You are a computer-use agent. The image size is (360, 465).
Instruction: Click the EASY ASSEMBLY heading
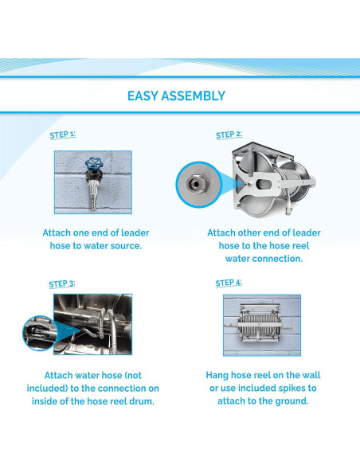coord(177,96)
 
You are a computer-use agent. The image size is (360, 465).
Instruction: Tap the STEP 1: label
coord(63,135)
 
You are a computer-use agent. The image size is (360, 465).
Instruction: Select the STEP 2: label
coord(229,135)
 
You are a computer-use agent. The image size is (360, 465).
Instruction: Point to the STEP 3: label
coord(62,283)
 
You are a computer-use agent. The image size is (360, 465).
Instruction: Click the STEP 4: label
coord(229,283)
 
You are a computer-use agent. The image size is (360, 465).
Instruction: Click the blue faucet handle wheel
coord(94,163)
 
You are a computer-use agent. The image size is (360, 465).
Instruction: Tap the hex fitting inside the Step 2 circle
coord(196,185)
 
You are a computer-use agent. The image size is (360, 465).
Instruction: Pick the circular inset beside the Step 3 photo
coord(40,333)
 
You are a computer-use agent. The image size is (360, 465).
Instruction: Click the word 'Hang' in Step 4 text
coord(217,375)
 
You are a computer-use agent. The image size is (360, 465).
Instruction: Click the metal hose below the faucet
coord(94,197)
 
